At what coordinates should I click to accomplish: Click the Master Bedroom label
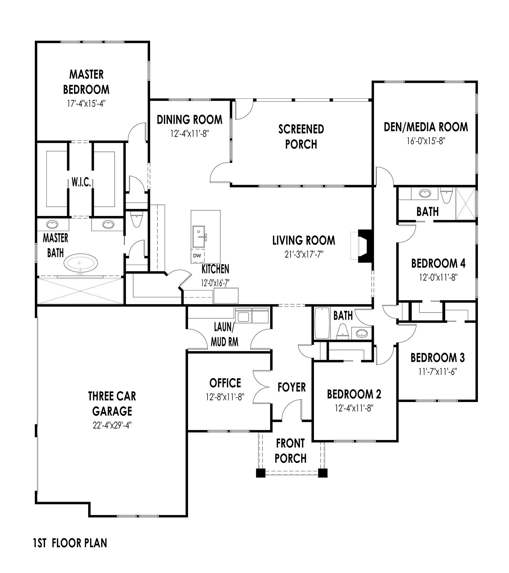86,82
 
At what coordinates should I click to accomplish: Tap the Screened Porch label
301,136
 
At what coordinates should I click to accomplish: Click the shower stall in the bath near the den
466,204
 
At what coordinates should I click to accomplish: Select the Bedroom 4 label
438,264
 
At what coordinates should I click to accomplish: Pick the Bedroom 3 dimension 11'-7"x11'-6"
437,371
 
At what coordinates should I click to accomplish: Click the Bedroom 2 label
354,394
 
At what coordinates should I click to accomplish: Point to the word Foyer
292,387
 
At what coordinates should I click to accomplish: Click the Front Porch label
291,451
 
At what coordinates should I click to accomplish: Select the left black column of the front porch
260,473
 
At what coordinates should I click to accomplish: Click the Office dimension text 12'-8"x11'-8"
225,397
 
